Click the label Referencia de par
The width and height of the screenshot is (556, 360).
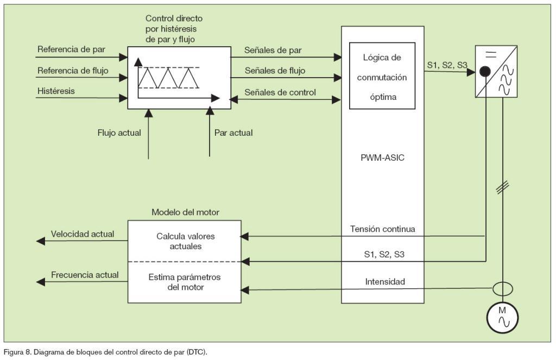tap(71, 49)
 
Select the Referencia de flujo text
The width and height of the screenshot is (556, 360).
tap(73, 70)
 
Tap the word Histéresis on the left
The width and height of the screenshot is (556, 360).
tap(56, 91)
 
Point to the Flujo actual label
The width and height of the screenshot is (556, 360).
tap(119, 132)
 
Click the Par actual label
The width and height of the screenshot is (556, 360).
tap(233, 132)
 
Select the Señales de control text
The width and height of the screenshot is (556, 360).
tap(280, 92)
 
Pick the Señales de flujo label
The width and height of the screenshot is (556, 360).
tap(275, 71)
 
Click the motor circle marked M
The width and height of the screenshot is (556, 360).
tap(503, 317)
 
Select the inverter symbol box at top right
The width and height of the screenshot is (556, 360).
tap(495, 72)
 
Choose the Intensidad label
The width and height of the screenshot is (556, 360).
tap(386, 282)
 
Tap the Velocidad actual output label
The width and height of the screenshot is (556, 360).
tap(83, 234)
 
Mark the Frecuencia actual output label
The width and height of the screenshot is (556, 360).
tap(85, 275)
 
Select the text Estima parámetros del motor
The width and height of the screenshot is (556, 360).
tap(184, 282)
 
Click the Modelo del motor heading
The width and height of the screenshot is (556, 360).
tap(186, 212)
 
